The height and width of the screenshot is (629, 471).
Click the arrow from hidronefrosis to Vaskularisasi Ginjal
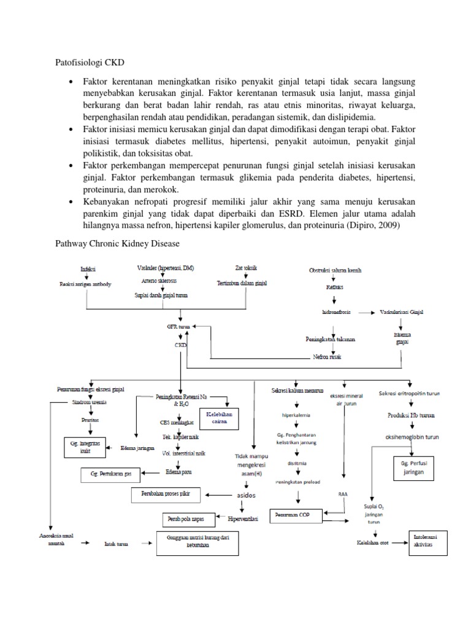367,313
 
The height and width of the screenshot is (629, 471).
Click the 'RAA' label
343,493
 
